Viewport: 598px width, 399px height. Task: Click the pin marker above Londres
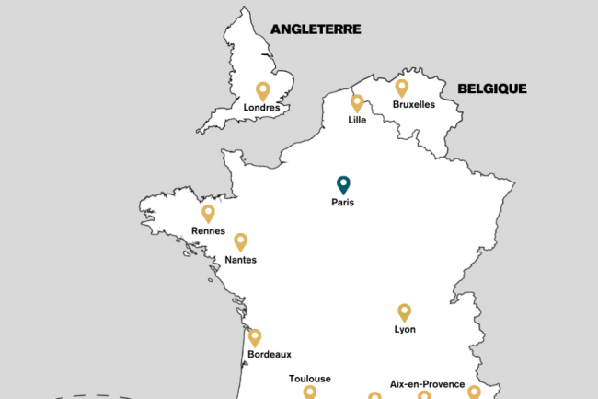tap(262, 91)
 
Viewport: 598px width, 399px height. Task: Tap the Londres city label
tap(261, 108)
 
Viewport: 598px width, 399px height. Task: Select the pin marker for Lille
tap(357, 102)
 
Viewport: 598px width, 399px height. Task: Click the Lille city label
tap(357, 120)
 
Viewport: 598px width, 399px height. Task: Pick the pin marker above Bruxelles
tap(401, 88)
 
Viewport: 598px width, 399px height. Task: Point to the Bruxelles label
tap(413, 104)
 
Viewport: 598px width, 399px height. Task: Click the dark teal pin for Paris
tap(342, 184)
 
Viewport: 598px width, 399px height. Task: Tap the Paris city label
tap(342, 203)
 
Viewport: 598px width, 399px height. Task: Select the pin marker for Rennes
tap(208, 213)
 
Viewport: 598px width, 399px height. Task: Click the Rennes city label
tap(208, 231)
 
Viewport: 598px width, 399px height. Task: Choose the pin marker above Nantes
tap(240, 241)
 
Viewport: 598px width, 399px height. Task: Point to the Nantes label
tap(240, 260)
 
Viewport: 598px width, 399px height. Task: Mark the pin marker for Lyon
tap(404, 311)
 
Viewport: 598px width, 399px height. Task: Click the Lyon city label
tap(404, 329)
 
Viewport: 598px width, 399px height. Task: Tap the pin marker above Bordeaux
tap(254, 337)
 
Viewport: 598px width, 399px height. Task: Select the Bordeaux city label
tap(269, 354)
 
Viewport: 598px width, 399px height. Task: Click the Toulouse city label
tap(309, 379)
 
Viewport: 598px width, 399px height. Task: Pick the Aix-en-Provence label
tap(427, 383)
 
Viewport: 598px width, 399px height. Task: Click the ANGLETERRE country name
tap(316, 29)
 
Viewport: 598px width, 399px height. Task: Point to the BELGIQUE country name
tap(492, 88)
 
